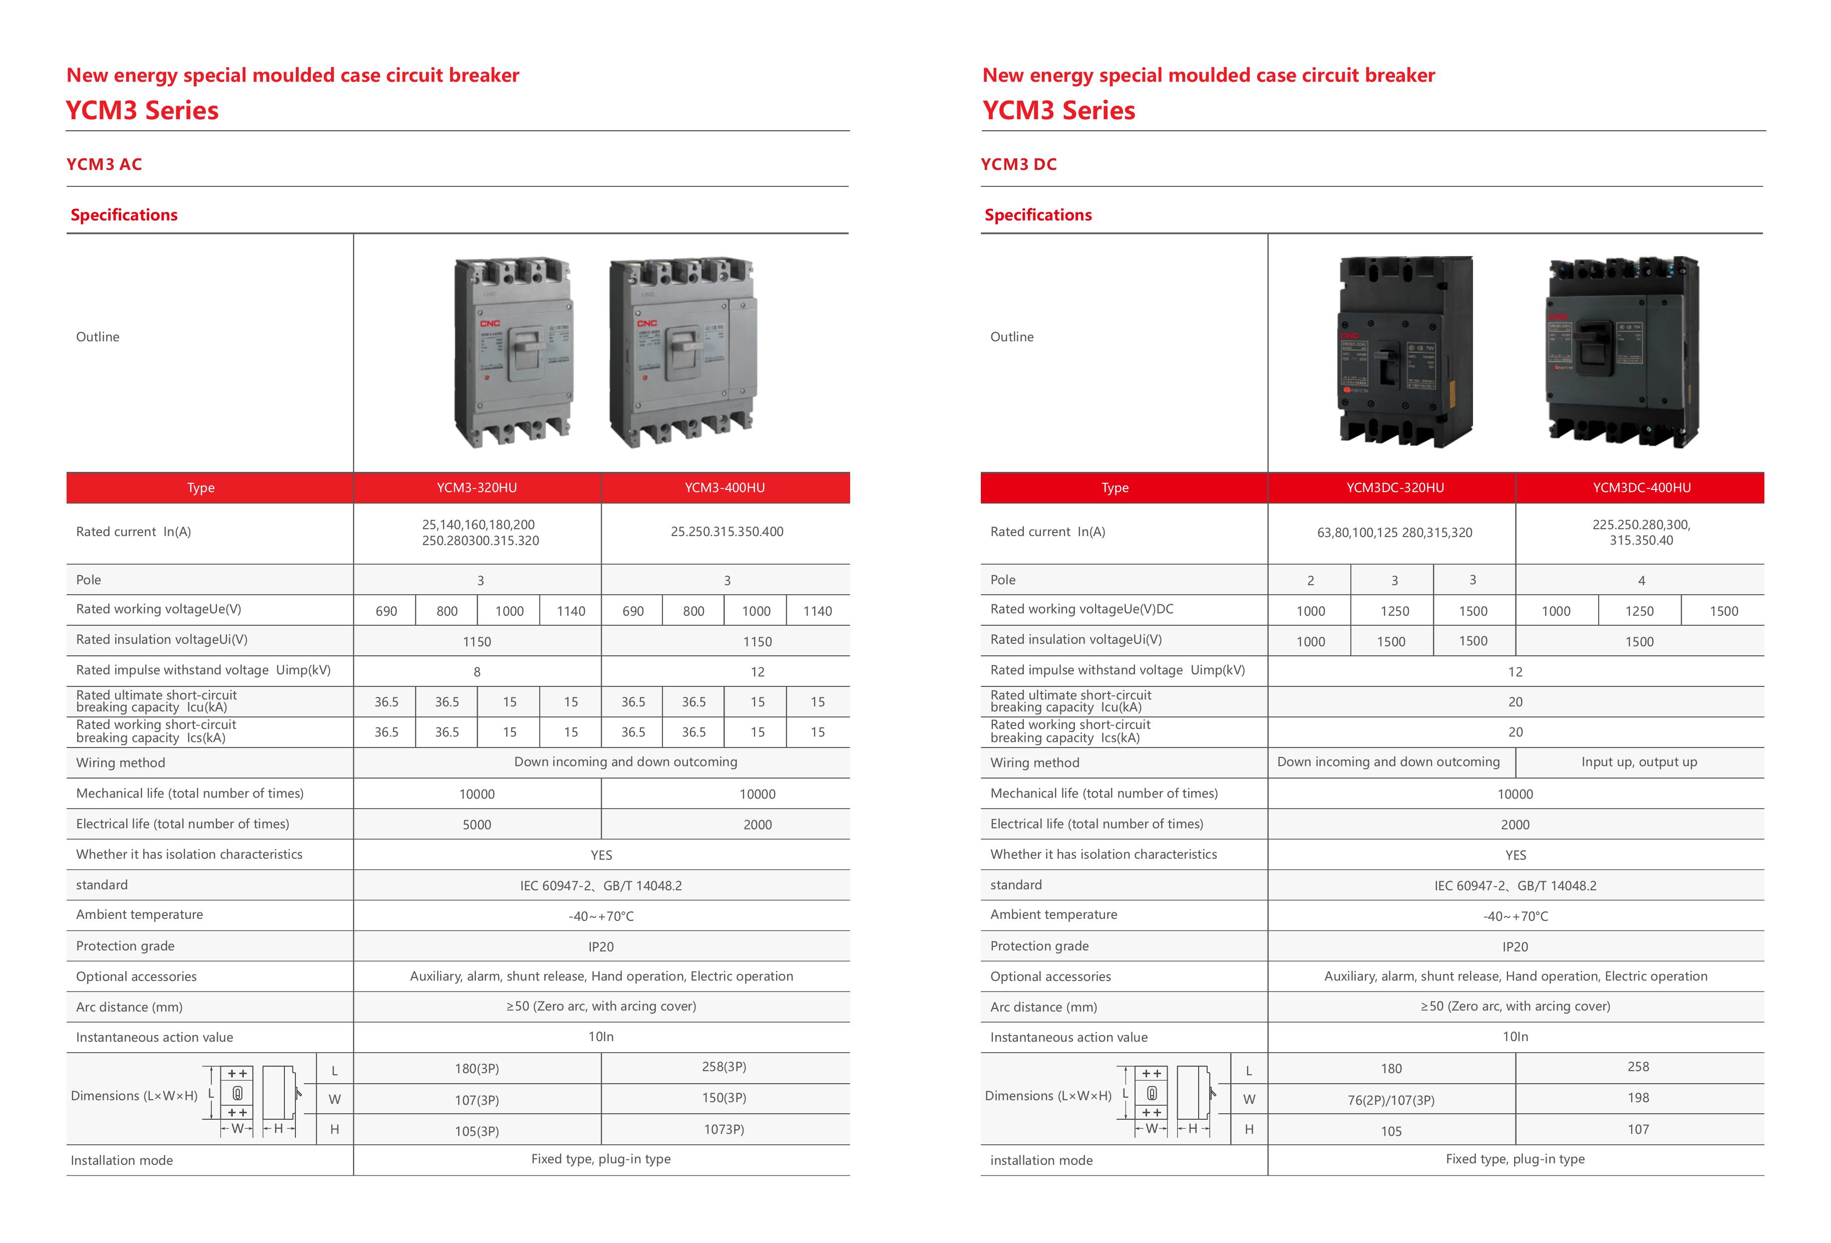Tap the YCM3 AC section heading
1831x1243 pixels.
point(104,164)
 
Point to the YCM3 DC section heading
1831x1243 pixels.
point(1018,164)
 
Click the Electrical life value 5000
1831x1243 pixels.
point(477,825)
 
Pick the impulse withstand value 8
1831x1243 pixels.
point(477,671)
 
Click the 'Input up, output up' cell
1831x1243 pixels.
point(1639,762)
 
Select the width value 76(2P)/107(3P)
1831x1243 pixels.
point(1390,1100)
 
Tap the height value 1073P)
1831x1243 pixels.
point(723,1129)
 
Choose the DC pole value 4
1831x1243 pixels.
point(1641,581)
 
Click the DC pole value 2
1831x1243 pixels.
point(1310,581)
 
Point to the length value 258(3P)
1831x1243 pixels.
point(723,1067)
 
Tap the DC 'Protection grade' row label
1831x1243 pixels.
point(1039,946)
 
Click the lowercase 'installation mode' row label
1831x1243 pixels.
point(1041,1160)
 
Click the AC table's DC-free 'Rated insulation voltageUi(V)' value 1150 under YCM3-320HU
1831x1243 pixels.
point(477,642)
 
